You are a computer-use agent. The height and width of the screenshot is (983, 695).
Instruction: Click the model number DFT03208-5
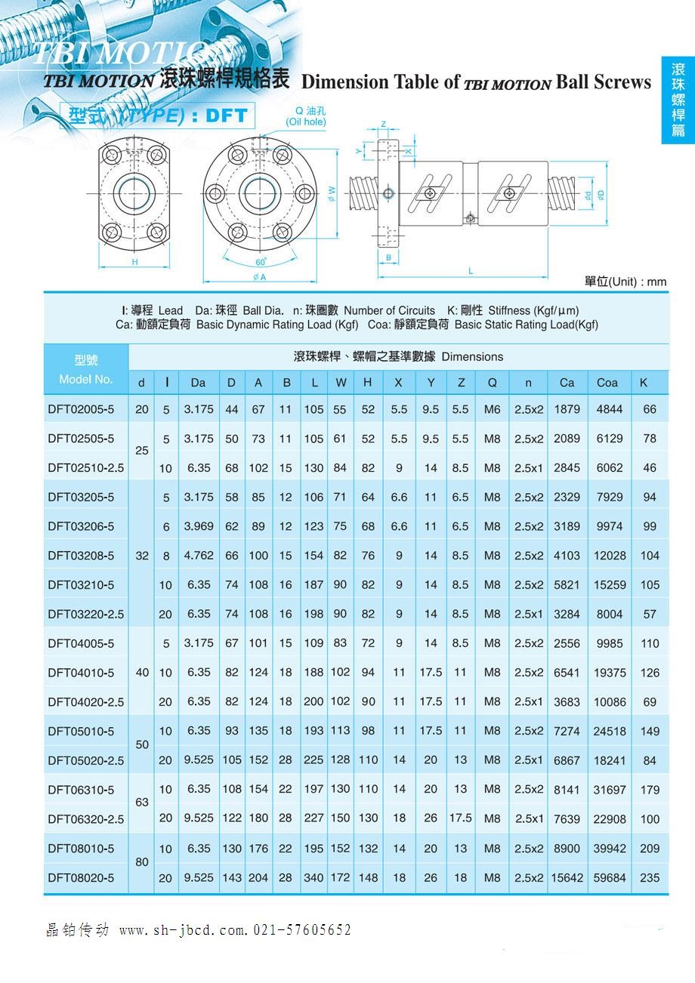(81, 556)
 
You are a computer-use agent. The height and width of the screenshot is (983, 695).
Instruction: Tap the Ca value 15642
(567, 878)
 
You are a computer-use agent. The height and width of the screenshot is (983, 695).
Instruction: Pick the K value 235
(649, 878)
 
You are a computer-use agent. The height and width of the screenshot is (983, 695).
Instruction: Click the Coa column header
(607, 383)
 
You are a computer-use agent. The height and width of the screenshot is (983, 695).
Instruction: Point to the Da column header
(198, 383)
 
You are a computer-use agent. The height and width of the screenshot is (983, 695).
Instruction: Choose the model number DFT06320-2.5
(85, 819)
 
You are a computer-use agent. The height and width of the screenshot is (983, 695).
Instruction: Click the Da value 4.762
(199, 556)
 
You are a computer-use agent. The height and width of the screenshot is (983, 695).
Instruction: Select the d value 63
(142, 803)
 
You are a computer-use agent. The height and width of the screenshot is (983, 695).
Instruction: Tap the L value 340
(314, 878)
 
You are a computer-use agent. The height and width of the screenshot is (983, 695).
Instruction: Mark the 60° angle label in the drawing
(261, 262)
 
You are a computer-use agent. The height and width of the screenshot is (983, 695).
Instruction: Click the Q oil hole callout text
(306, 117)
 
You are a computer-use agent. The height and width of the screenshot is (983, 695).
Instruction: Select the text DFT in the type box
(227, 116)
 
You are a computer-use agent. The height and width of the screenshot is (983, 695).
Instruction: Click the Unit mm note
(625, 282)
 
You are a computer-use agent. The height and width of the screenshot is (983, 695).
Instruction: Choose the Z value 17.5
(460, 818)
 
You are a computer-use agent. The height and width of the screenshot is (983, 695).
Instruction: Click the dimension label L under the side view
(471, 270)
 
